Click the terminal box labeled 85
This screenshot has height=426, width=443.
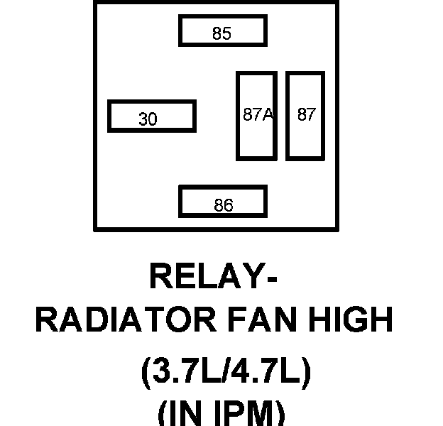(x=222, y=31)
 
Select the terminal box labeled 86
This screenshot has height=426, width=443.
(x=223, y=202)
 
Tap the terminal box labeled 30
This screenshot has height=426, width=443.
(x=151, y=116)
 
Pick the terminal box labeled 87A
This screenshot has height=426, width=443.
(x=256, y=115)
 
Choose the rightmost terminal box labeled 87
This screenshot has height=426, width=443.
(x=305, y=115)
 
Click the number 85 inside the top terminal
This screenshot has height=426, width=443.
(x=222, y=33)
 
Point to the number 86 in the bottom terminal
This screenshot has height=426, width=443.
(x=223, y=206)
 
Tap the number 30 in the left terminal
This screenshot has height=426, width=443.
(x=148, y=119)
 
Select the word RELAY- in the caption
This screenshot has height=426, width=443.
(x=213, y=276)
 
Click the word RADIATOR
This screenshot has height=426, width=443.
(x=124, y=321)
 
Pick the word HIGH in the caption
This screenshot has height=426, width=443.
(x=351, y=321)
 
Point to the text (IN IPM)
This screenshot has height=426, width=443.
(x=221, y=414)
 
